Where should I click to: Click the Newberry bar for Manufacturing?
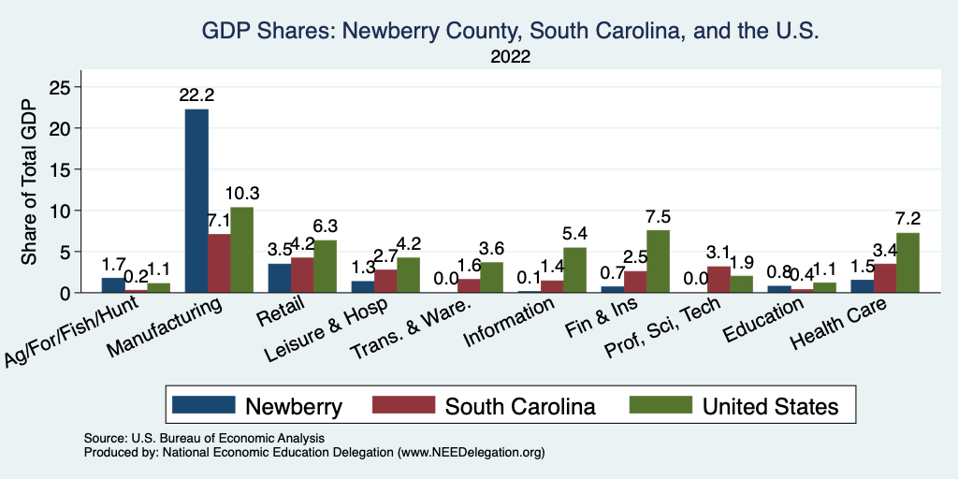[x=196, y=201]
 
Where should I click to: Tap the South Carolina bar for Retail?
[x=301, y=275]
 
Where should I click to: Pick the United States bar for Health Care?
[x=907, y=263]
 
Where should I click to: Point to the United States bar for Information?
[x=574, y=270]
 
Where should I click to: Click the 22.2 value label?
[x=196, y=95]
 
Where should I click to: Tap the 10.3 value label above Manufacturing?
[x=242, y=194]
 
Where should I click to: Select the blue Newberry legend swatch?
[x=203, y=405]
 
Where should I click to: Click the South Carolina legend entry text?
[x=520, y=406]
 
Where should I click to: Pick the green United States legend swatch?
[x=660, y=405]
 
